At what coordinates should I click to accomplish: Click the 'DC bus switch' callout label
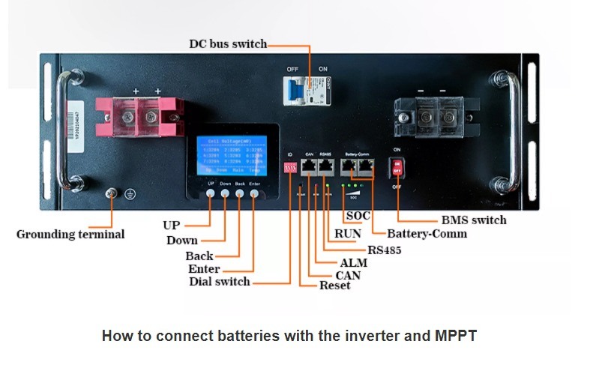pyautogui.click(x=227, y=43)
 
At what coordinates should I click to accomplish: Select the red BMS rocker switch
pyautogui.click(x=397, y=166)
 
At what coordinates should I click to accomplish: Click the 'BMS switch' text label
pyautogui.click(x=474, y=220)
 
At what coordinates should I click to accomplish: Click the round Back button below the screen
pyautogui.click(x=240, y=193)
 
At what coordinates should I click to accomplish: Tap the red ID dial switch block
pyautogui.click(x=290, y=169)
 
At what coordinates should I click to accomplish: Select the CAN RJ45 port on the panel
pyautogui.click(x=309, y=168)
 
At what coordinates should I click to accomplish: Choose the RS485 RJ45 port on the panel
pyautogui.click(x=326, y=168)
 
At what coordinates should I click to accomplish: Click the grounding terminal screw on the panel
pyautogui.click(x=112, y=194)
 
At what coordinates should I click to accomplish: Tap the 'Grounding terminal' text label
pyautogui.click(x=70, y=235)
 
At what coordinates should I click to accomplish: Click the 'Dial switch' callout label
pyautogui.click(x=220, y=282)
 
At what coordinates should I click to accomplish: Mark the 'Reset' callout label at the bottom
pyautogui.click(x=334, y=286)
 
